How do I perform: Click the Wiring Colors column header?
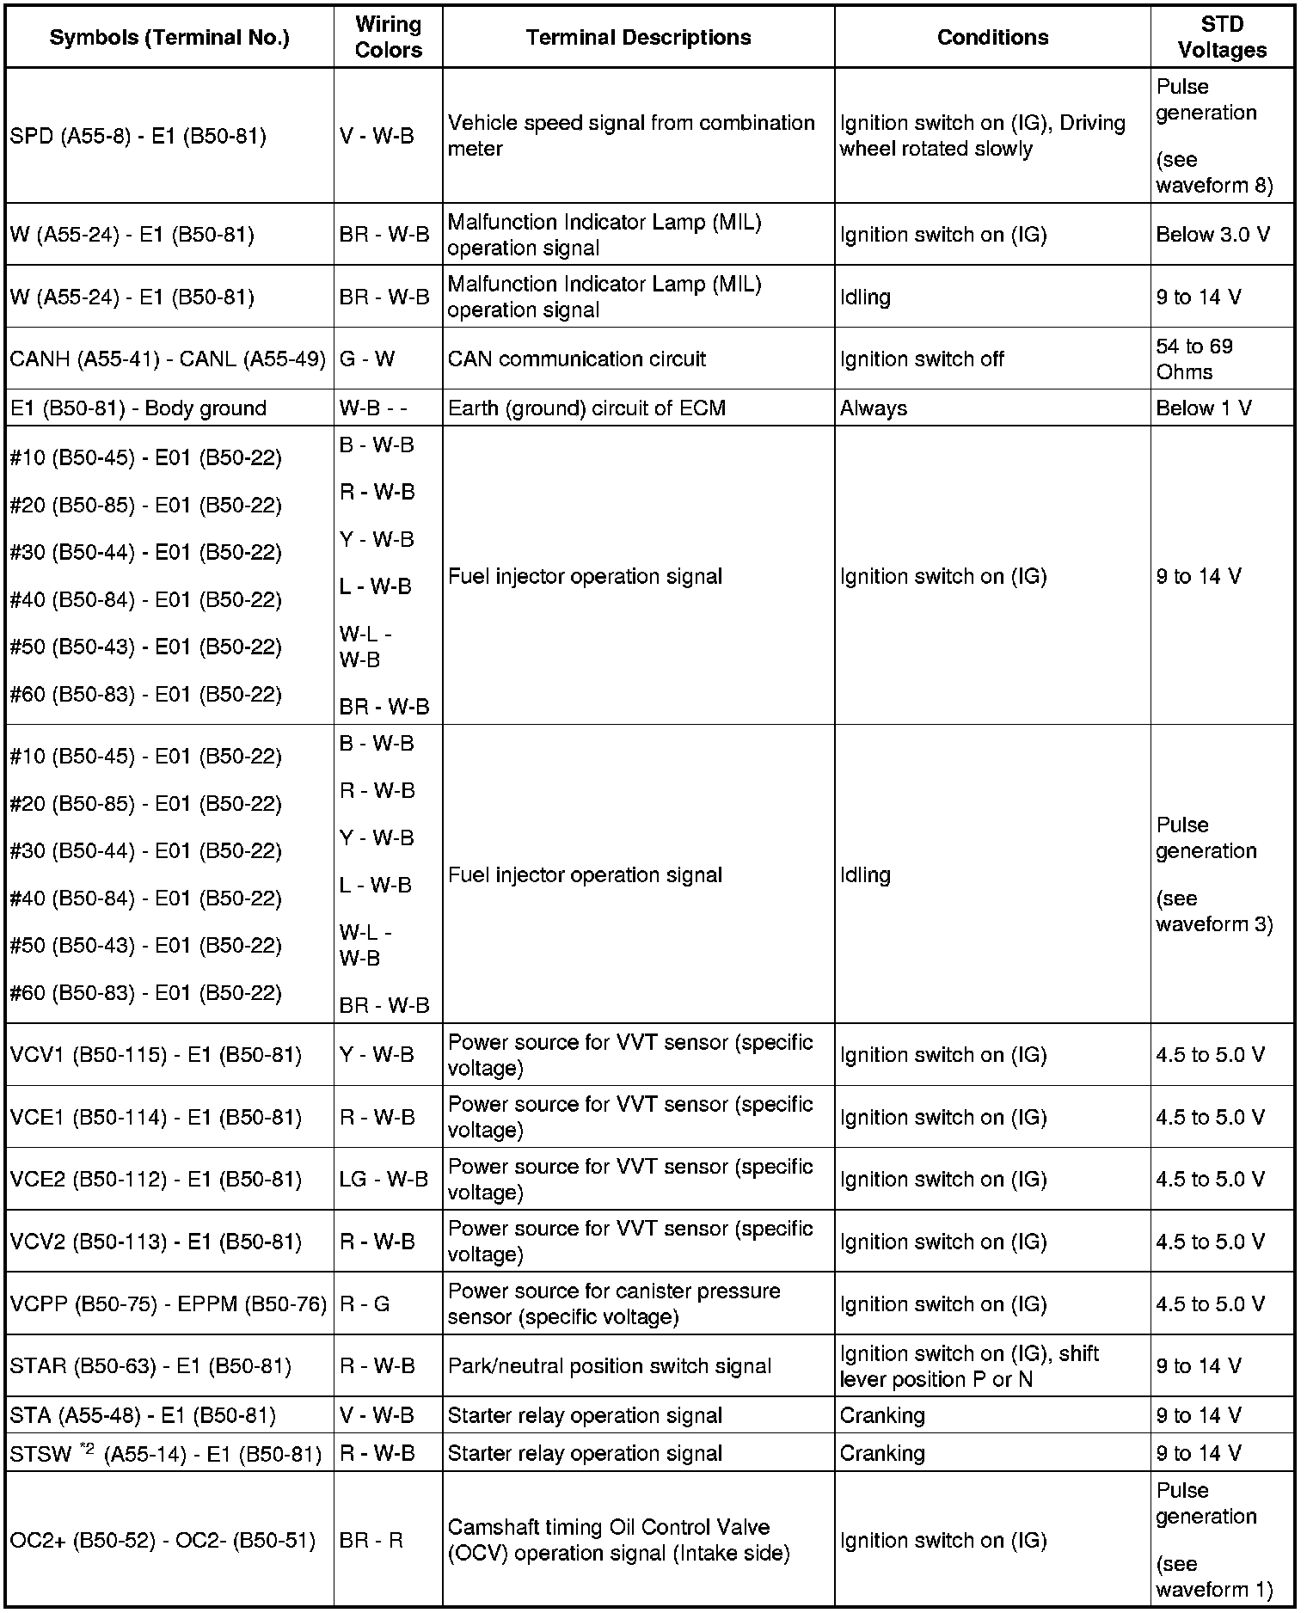click(x=388, y=37)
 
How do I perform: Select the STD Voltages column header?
click(x=1222, y=37)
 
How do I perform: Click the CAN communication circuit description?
click(x=576, y=359)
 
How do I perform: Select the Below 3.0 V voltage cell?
click(x=1212, y=235)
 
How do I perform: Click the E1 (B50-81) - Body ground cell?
click(x=138, y=408)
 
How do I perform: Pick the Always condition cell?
click(x=873, y=408)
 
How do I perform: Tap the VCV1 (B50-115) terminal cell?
click(x=156, y=1055)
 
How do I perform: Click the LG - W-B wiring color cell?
click(x=384, y=1179)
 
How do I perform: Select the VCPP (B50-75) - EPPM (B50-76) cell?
click(x=169, y=1303)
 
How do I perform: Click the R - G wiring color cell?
click(x=365, y=1303)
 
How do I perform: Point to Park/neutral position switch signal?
click(x=610, y=1366)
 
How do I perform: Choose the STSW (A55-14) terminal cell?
click(x=166, y=1454)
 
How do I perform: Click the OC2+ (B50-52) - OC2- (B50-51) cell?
click(x=163, y=1540)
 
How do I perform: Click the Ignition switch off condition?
click(x=922, y=359)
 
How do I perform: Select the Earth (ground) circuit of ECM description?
click(x=586, y=408)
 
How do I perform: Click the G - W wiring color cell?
click(x=367, y=359)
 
